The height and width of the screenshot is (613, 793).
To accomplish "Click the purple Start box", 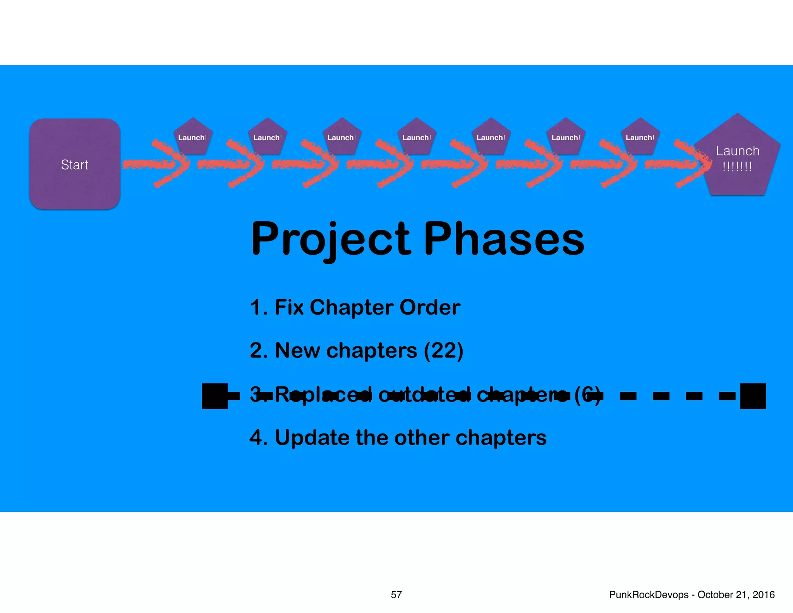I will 75,164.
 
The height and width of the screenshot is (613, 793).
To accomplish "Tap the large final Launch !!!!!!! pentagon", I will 737,159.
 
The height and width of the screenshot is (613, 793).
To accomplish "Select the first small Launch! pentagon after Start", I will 192,137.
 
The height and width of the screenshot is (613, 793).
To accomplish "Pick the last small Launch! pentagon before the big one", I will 640,137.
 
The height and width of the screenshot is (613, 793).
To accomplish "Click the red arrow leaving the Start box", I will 155,165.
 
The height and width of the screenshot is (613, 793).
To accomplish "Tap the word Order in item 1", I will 430,307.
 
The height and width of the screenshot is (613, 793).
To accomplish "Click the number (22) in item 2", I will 443,351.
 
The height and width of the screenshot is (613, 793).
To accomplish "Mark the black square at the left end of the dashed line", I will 215,396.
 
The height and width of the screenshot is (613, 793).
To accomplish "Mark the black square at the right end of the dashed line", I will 753,396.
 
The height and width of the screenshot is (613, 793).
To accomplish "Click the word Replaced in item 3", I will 323,395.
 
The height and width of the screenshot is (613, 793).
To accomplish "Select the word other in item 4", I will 422,438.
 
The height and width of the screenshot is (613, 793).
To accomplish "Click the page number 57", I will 396,595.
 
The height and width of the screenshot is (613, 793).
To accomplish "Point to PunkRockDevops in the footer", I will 649,595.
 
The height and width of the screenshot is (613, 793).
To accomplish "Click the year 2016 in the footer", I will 764,595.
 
